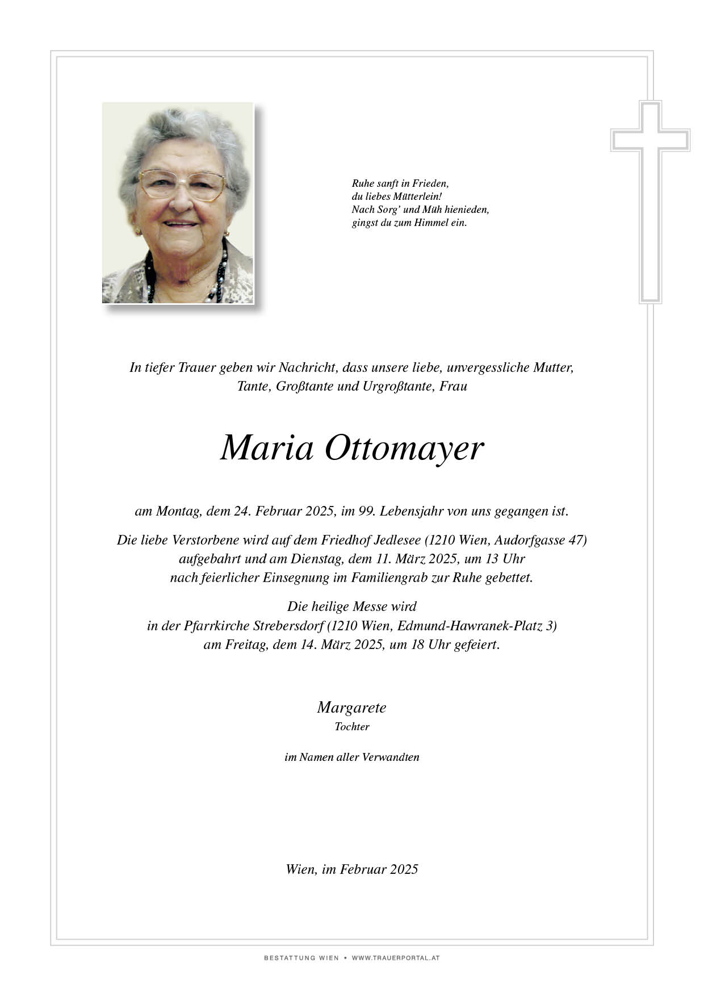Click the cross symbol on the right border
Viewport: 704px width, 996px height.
click(650, 202)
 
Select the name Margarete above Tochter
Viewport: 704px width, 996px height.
click(351, 708)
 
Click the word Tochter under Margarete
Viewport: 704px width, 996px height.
click(352, 727)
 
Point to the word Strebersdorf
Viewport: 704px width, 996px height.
click(289, 626)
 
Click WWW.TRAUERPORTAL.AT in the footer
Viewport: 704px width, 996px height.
click(396, 958)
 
